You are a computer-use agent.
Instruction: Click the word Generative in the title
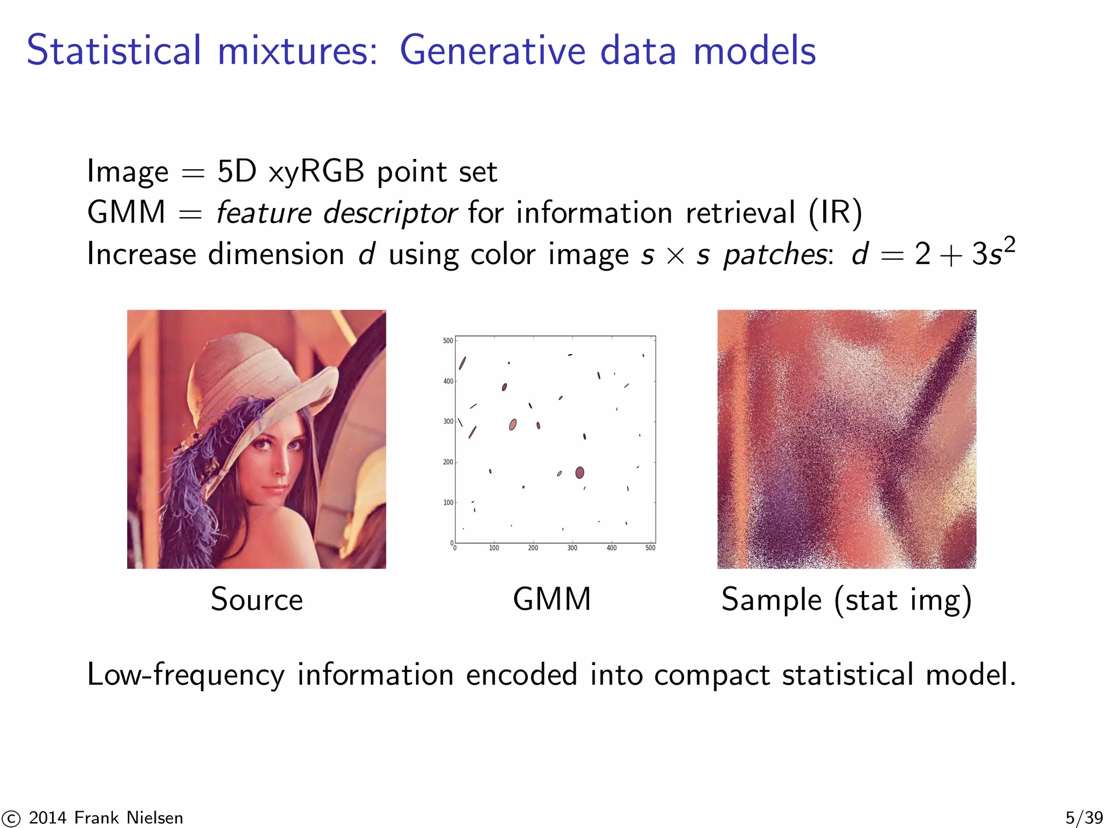pos(492,51)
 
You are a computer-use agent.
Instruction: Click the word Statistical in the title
pos(114,51)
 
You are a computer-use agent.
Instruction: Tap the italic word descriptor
pos(390,212)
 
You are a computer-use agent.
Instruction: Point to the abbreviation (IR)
pos(835,212)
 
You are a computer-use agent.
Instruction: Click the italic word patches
pos(775,254)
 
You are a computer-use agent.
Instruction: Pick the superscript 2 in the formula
pos(1009,244)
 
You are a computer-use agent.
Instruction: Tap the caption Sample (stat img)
pos(846,600)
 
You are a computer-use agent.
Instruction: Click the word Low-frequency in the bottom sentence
pos(185,674)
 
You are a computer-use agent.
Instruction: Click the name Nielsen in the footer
pos(155,818)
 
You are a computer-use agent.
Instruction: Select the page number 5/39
pos(1084,818)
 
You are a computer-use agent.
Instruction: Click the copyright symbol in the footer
pos(11,818)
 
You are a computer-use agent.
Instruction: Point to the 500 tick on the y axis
pos(448,341)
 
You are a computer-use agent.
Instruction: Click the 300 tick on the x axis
pos(572,548)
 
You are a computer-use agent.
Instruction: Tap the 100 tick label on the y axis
pos(448,502)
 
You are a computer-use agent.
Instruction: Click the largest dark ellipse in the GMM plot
pos(579,473)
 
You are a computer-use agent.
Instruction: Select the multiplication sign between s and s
pos(675,256)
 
